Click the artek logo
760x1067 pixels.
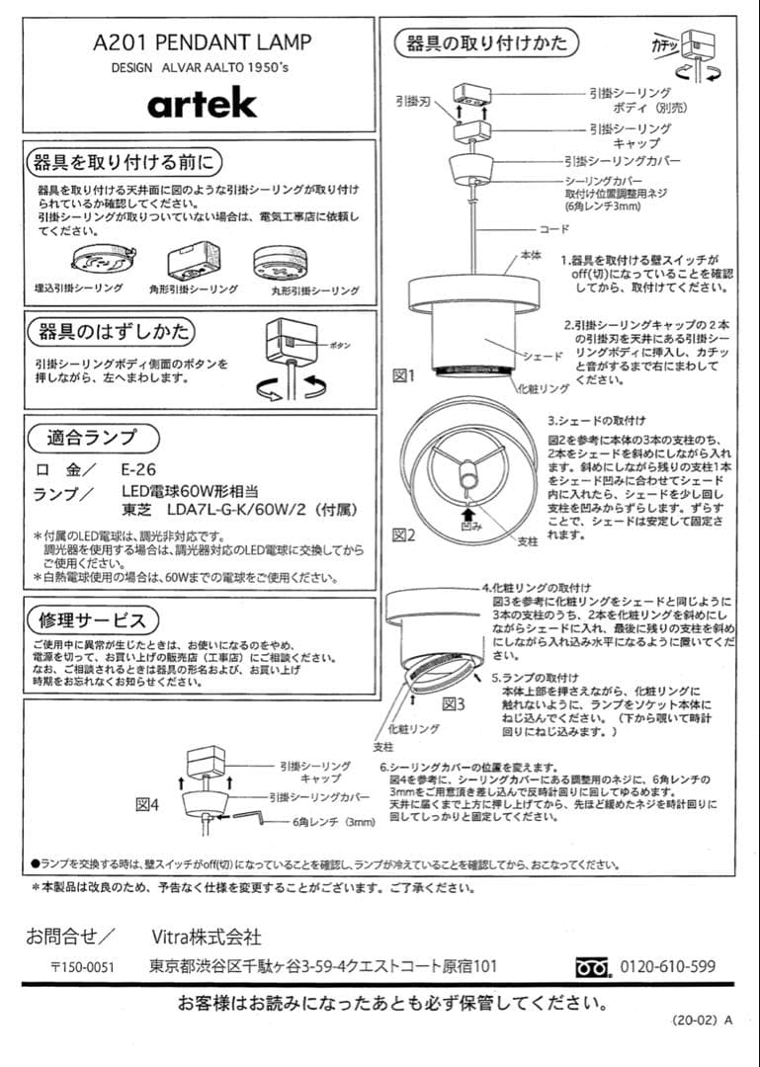coord(202,102)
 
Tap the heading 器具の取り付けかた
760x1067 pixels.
coord(486,42)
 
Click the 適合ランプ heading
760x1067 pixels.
coord(91,437)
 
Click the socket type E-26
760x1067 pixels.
coord(138,469)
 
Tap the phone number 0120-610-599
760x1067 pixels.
coord(667,966)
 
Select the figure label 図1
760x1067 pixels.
coord(404,375)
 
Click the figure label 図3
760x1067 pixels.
coord(453,703)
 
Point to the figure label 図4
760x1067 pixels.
coord(147,803)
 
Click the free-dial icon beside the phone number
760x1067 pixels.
coord(594,967)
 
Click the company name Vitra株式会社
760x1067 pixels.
coord(207,935)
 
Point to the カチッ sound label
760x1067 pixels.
coord(664,43)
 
